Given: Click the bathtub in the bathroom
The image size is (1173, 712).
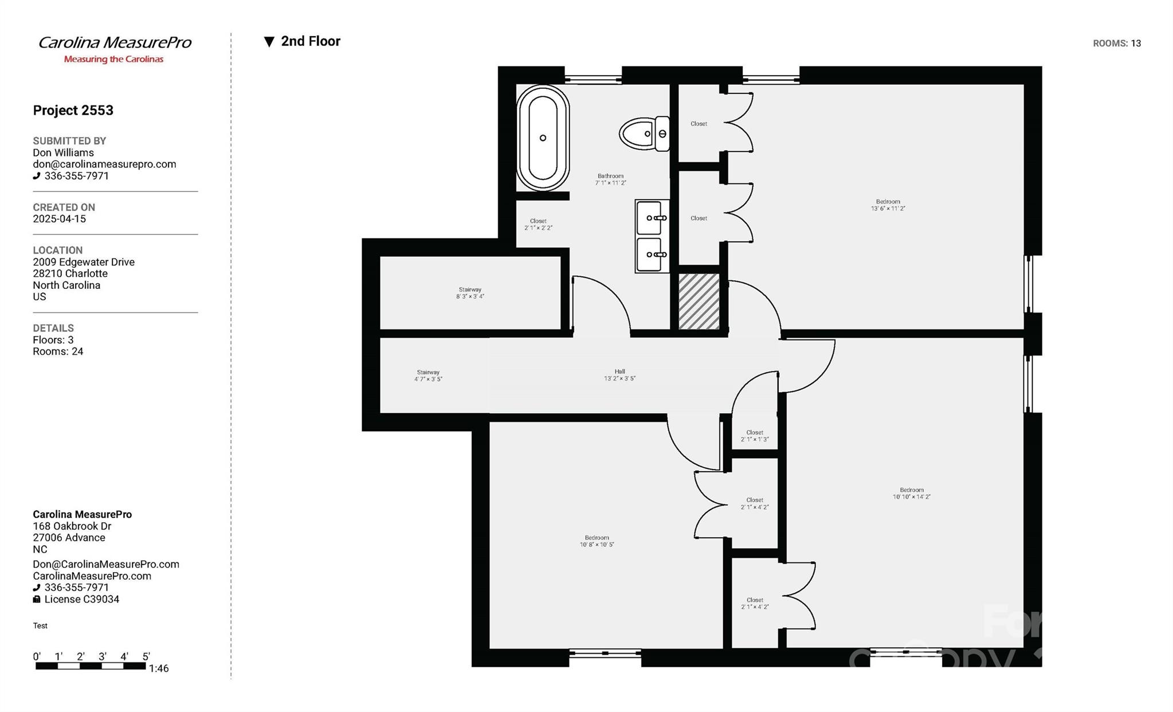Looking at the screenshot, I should (542, 138).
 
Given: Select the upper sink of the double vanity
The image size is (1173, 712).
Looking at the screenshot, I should (650, 218).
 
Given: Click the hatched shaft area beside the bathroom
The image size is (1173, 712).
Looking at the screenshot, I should (699, 301).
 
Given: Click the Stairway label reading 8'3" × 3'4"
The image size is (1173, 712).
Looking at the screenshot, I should (470, 293).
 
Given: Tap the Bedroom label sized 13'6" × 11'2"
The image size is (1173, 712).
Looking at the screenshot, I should (888, 205).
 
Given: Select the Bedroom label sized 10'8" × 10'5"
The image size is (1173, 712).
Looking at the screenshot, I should (597, 541).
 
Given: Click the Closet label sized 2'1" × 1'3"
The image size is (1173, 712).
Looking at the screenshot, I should (754, 436).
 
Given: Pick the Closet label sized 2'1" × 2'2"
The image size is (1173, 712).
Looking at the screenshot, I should (538, 224).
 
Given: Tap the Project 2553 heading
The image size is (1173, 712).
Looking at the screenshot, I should (73, 110).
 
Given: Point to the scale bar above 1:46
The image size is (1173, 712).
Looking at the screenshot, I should (90, 666).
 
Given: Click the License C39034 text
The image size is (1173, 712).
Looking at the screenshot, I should (81, 599).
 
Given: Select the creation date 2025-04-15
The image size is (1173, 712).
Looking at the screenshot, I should (59, 219).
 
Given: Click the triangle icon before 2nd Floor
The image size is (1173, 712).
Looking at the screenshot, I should (269, 41).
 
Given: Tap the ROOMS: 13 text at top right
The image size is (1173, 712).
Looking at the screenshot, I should (1116, 44).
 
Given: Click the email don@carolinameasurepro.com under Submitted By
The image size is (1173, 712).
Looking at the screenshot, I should (104, 164).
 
